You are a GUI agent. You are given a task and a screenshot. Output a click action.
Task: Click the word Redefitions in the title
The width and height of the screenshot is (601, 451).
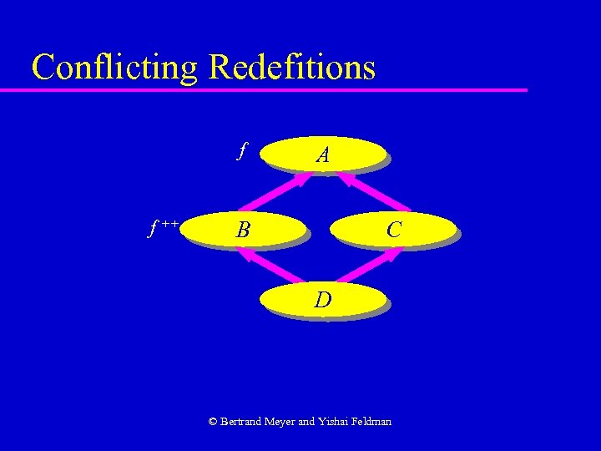coord(292,67)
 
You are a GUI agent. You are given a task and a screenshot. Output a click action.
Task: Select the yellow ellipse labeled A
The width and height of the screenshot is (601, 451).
coord(324,155)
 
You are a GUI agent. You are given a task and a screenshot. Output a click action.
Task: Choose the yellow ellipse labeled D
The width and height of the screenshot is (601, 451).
coord(324,299)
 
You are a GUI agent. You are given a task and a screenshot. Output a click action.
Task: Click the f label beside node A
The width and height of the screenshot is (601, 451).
coord(241,151)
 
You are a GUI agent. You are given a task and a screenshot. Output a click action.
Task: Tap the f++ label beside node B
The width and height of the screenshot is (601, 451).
coord(164,226)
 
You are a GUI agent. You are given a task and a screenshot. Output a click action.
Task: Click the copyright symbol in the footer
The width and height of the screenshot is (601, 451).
coord(213,422)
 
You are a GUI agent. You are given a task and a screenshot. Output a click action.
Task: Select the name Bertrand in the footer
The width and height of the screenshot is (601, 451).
coord(241,422)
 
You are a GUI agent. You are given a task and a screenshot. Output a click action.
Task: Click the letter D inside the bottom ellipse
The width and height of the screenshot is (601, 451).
coord(323,299)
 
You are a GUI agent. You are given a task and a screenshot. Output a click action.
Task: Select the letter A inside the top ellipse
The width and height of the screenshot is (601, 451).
coord(322,155)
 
